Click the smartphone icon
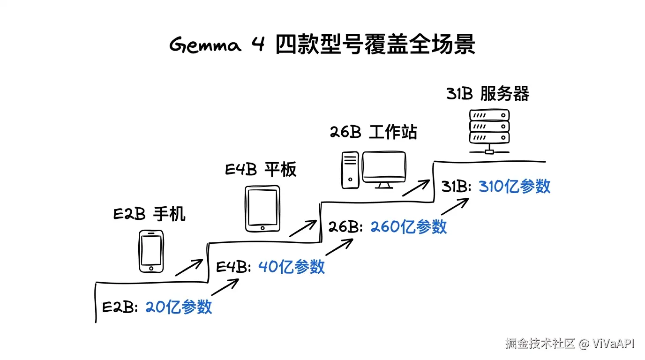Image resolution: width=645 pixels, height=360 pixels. click(x=151, y=251)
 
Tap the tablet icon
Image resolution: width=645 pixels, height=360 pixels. click(x=262, y=209)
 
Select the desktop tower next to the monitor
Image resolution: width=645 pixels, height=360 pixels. click(x=350, y=170)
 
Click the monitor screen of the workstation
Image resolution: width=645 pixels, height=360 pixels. click(x=384, y=167)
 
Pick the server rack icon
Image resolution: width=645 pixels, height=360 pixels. click(x=489, y=127)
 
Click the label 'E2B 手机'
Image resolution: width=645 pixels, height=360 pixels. click(x=150, y=215)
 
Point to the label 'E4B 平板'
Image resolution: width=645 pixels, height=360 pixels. click(x=261, y=169)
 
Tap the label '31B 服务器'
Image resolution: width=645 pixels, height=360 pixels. click(x=487, y=94)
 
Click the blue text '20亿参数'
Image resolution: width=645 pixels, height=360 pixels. click(x=179, y=307)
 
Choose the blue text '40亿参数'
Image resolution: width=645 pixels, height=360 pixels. click(x=292, y=267)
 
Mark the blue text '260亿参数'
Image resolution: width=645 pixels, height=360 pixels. click(x=409, y=227)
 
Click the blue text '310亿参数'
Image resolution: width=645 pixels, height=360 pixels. click(x=514, y=187)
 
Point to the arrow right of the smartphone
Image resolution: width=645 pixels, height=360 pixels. click(x=189, y=268)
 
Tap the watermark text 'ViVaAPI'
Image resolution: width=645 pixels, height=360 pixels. click(x=613, y=344)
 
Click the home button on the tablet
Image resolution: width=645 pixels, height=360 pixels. click(x=262, y=228)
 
